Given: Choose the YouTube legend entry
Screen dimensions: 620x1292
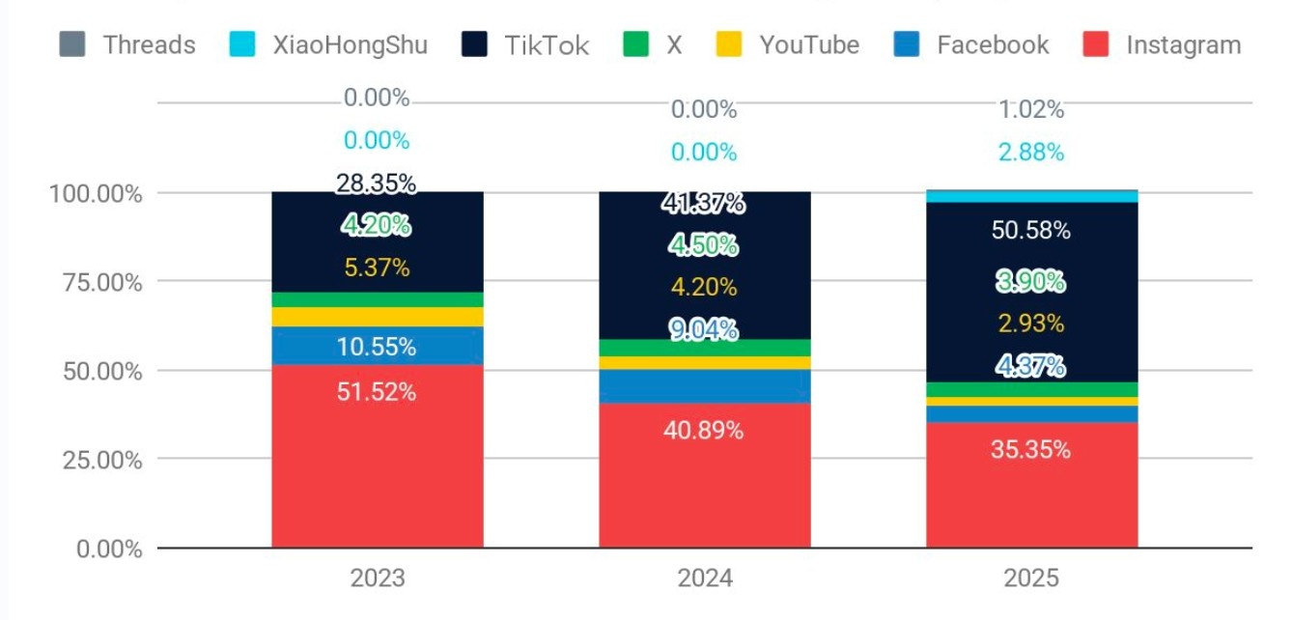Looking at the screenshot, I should pyautogui.click(x=787, y=44).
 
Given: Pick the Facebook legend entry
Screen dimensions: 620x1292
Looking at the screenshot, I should pyautogui.click(x=971, y=44).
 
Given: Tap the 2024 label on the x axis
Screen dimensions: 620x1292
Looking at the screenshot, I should pyautogui.click(x=705, y=578).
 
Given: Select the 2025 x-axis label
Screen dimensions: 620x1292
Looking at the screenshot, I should pyautogui.click(x=1031, y=578).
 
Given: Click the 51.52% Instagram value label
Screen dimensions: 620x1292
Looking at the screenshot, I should pyautogui.click(x=377, y=393).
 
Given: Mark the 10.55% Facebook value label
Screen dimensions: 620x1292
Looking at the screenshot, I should pyautogui.click(x=377, y=347).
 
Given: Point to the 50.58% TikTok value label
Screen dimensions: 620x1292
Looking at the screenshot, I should pyautogui.click(x=1031, y=231).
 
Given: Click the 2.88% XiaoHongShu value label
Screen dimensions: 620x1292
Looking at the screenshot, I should pyautogui.click(x=1031, y=153).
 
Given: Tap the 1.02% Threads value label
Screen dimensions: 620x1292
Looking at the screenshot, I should pyautogui.click(x=1031, y=110).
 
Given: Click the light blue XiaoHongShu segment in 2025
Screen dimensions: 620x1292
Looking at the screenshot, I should pyautogui.click(x=1031, y=197).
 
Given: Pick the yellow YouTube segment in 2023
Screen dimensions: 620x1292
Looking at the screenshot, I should pyautogui.click(x=377, y=317).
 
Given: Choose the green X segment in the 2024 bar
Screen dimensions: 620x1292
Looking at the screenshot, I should pyautogui.click(x=705, y=348).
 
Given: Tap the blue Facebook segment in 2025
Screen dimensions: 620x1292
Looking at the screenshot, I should pyautogui.click(x=1031, y=413).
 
